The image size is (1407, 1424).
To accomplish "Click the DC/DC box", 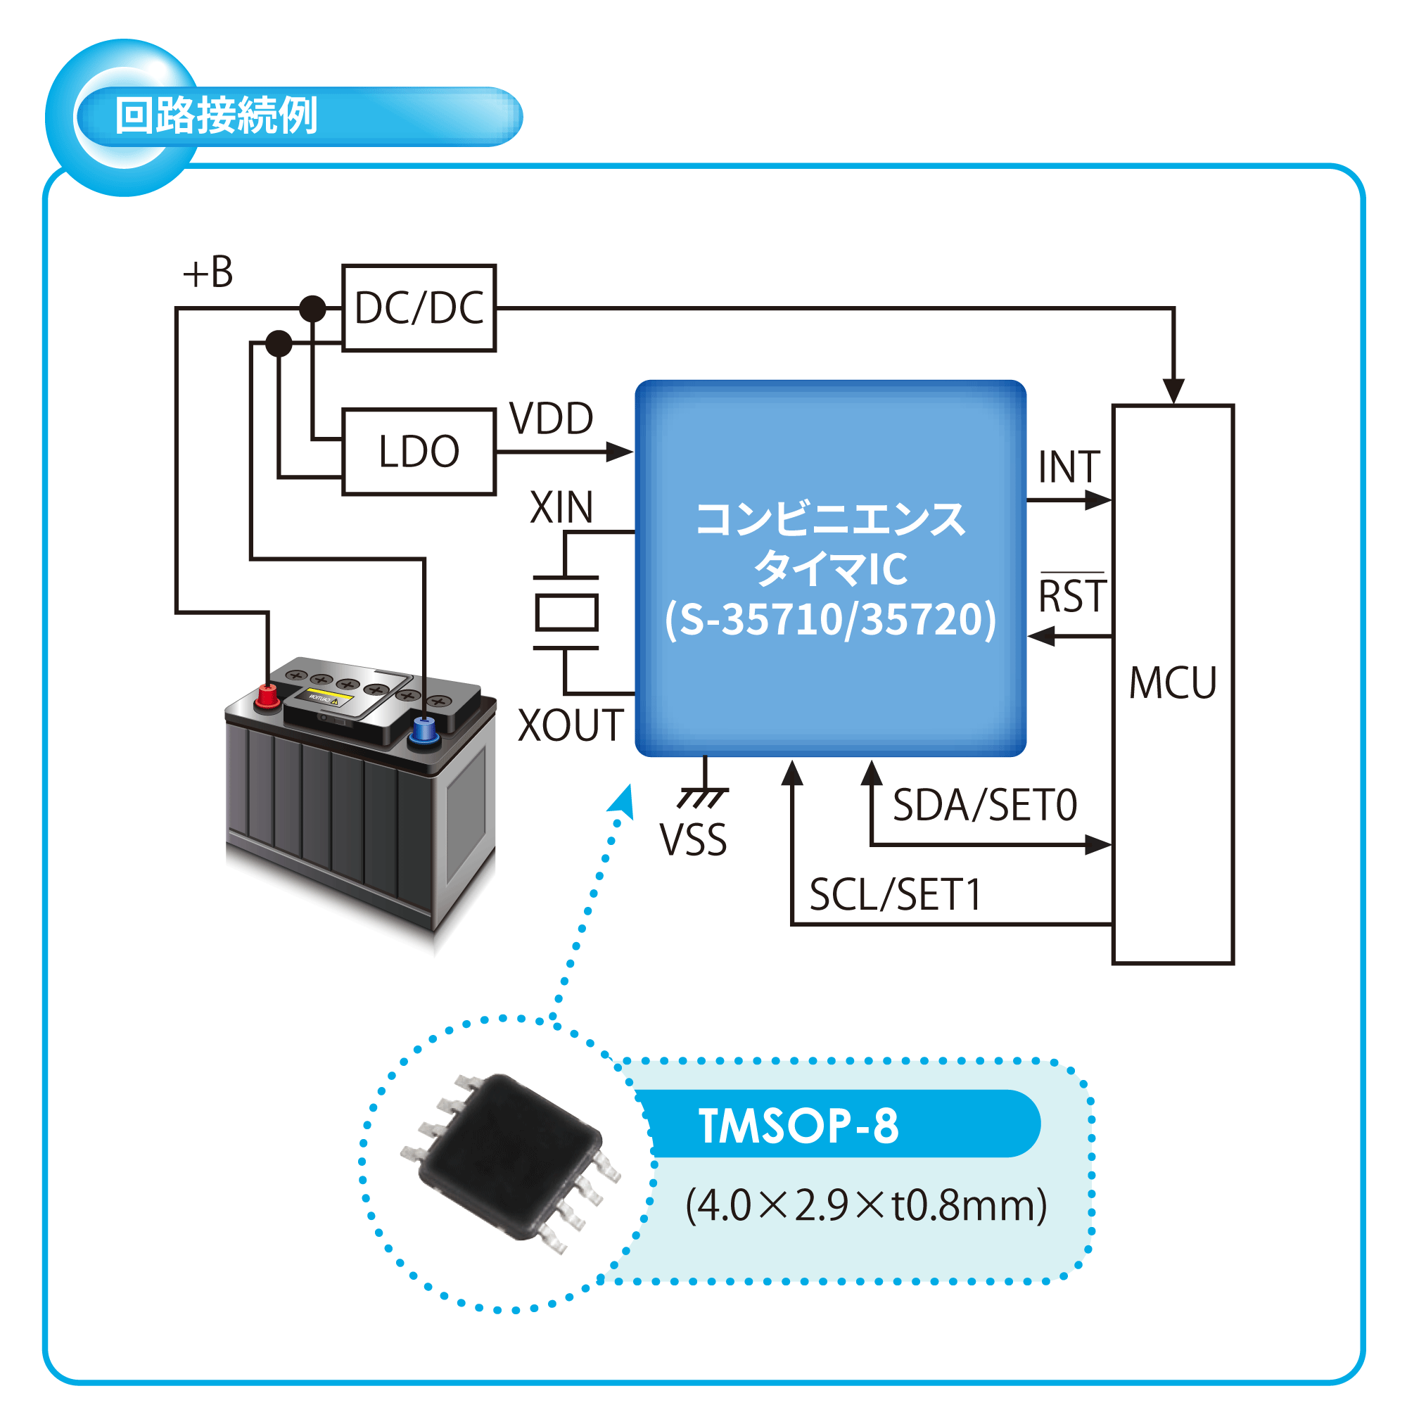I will click(x=419, y=307).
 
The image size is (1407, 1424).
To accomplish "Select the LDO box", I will click(x=419, y=451).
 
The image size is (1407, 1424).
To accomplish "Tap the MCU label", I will click(x=1172, y=683).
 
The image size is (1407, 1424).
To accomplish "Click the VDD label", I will click(x=552, y=419).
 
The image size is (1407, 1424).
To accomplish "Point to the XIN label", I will click(x=561, y=507).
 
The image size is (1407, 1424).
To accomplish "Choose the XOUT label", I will click(x=571, y=725).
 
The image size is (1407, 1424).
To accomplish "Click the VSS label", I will click(x=693, y=839).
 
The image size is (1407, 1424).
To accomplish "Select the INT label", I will click(x=1069, y=467).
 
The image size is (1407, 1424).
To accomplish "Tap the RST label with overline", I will click(x=1072, y=595).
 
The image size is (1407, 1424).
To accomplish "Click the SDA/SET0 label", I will click(x=985, y=805).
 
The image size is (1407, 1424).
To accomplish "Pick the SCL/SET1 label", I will click(x=895, y=896).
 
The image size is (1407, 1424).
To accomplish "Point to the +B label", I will click(x=208, y=273).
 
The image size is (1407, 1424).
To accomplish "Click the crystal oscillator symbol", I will click(x=566, y=613).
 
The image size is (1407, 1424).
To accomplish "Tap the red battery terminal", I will click(x=267, y=696).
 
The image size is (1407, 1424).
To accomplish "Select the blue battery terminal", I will click(x=423, y=730).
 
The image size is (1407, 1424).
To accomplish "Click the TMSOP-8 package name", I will click(x=798, y=1126).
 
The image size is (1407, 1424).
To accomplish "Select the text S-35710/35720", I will click(x=830, y=619).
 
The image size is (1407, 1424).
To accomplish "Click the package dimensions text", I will click(x=865, y=1205).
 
